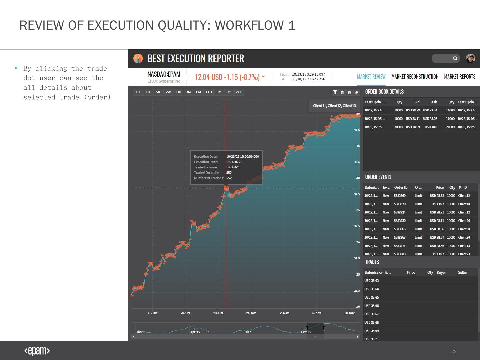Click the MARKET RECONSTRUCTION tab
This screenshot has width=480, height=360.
415,77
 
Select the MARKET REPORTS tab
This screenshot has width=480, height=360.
460,77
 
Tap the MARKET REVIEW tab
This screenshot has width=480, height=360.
371,77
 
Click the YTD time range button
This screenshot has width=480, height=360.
208,92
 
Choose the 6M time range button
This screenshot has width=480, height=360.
198,92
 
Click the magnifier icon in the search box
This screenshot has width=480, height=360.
455,58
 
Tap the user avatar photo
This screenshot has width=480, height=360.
470,58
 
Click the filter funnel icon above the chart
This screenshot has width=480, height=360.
335,92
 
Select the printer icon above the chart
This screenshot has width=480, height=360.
349,92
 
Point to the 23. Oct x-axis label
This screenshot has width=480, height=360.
218,313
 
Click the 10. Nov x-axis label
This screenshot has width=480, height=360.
349,313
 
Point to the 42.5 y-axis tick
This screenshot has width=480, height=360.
357,162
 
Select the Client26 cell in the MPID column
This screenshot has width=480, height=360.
464,221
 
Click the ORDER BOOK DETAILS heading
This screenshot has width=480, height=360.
384,92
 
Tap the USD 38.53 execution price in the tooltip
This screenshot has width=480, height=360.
234,162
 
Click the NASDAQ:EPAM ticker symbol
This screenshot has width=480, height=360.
164,74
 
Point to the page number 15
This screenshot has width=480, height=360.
452,351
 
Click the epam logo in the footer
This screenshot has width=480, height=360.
37,351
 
